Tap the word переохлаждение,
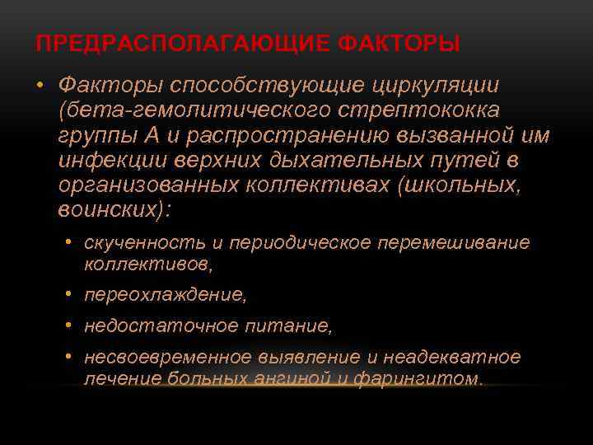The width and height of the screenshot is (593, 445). pos(166,294)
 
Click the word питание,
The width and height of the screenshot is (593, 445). pos(288,327)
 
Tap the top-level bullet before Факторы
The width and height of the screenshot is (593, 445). pos(40,86)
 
